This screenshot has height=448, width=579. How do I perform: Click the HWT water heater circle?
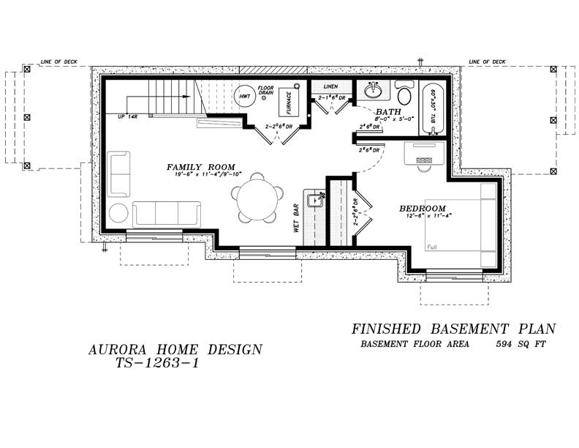tap(244, 96)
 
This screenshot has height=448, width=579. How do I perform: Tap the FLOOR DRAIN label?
tap(265, 90)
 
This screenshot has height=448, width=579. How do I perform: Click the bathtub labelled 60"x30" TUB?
tap(432, 110)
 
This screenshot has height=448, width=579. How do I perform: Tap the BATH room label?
tap(388, 111)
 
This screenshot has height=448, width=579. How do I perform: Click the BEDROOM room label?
tap(422, 209)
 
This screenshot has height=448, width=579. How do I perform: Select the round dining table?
tap(257, 198)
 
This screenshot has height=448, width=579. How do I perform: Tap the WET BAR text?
tap(298, 217)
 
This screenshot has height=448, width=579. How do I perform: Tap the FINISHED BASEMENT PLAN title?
tap(453, 329)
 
